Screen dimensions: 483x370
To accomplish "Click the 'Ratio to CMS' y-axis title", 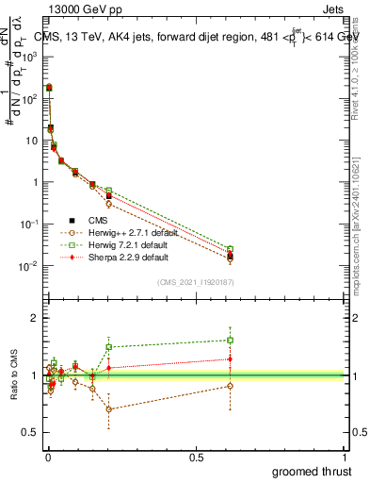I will click(x=16, y=375).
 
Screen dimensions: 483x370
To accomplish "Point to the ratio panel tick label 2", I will click(x=35, y=318).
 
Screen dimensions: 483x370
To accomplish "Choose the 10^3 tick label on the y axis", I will click(x=28, y=57).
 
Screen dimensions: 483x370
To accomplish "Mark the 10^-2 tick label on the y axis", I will click(x=28, y=266).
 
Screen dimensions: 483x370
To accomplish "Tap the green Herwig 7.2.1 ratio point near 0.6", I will click(x=230, y=340).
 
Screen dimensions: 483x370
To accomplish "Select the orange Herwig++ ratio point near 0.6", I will click(x=230, y=386).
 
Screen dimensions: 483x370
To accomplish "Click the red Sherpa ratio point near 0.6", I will click(x=230, y=358).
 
